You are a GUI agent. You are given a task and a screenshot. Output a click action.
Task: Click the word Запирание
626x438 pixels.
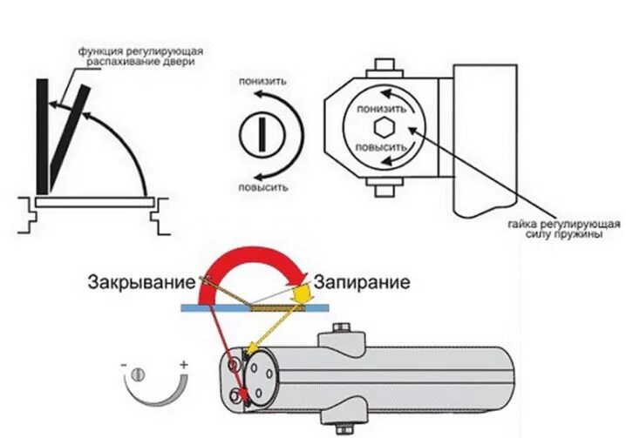coord(362,282)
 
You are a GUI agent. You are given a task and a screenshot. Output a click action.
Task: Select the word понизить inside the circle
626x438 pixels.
coord(381,111)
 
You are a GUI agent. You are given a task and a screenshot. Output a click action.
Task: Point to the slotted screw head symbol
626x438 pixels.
coord(260,134)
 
